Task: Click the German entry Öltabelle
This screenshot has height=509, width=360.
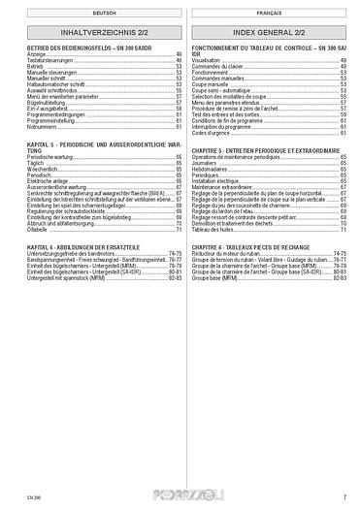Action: coord(37,229)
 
